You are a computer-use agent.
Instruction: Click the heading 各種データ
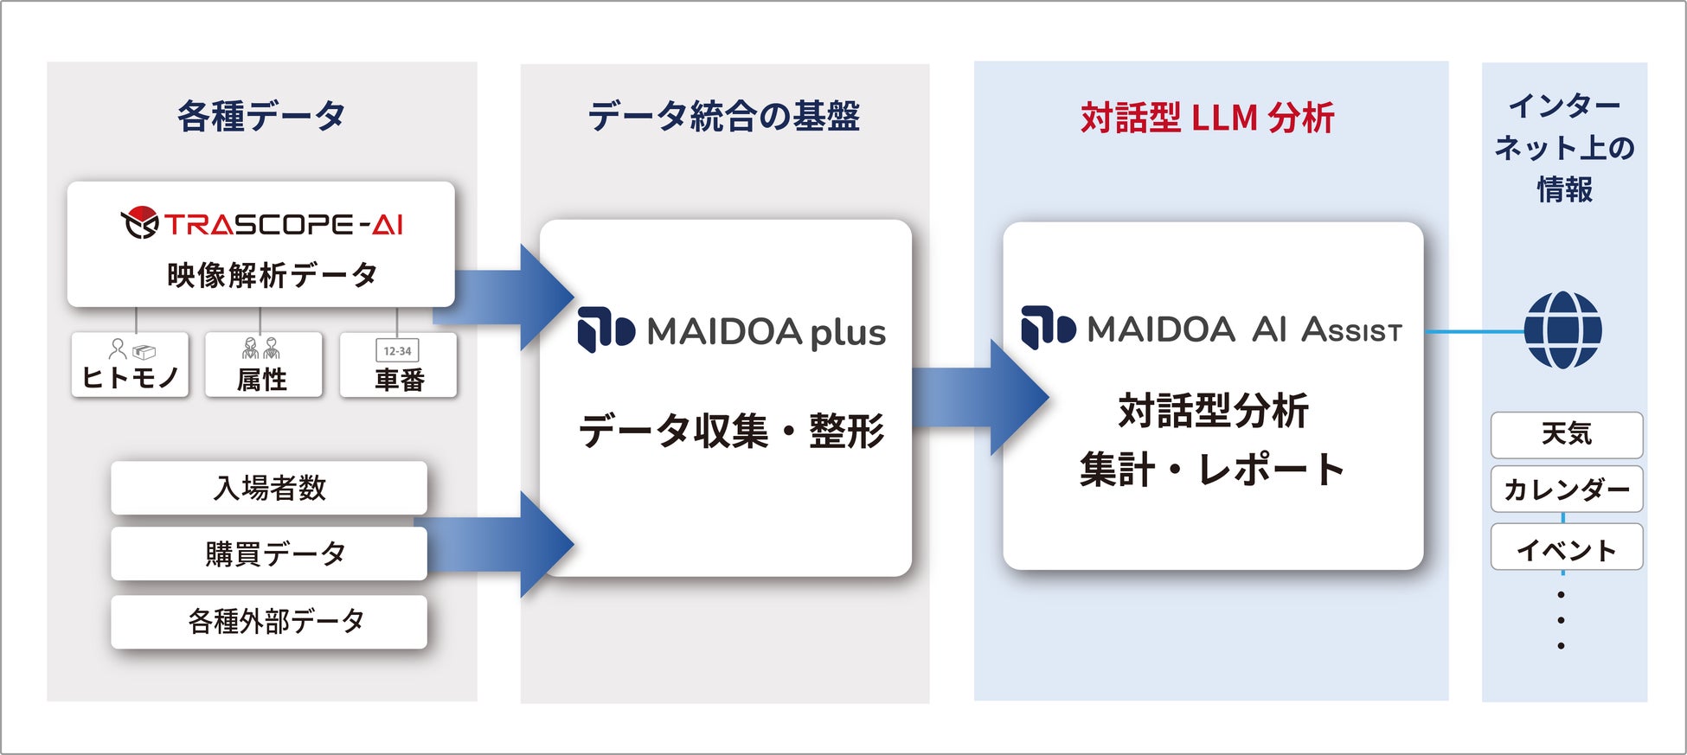click(261, 116)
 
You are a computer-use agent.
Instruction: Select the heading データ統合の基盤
click(724, 116)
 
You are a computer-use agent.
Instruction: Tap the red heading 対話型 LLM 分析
click(1208, 118)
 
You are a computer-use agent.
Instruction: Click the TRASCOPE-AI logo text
click(284, 225)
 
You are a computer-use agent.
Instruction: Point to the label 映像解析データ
click(273, 275)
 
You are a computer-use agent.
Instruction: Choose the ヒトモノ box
click(130, 365)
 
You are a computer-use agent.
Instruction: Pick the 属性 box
click(263, 365)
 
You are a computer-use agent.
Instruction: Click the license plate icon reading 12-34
click(397, 350)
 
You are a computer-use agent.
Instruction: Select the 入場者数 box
click(269, 488)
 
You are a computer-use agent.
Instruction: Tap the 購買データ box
click(269, 553)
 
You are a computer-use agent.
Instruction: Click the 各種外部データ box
click(269, 622)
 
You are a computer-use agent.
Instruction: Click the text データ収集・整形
click(732, 431)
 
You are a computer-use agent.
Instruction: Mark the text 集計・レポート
click(1212, 470)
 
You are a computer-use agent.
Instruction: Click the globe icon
click(1562, 330)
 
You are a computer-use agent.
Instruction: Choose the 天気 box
click(1567, 435)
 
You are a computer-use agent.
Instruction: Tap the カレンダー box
click(1567, 489)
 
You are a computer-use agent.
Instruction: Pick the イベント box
click(1567, 547)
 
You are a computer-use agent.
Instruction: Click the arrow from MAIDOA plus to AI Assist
click(980, 397)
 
